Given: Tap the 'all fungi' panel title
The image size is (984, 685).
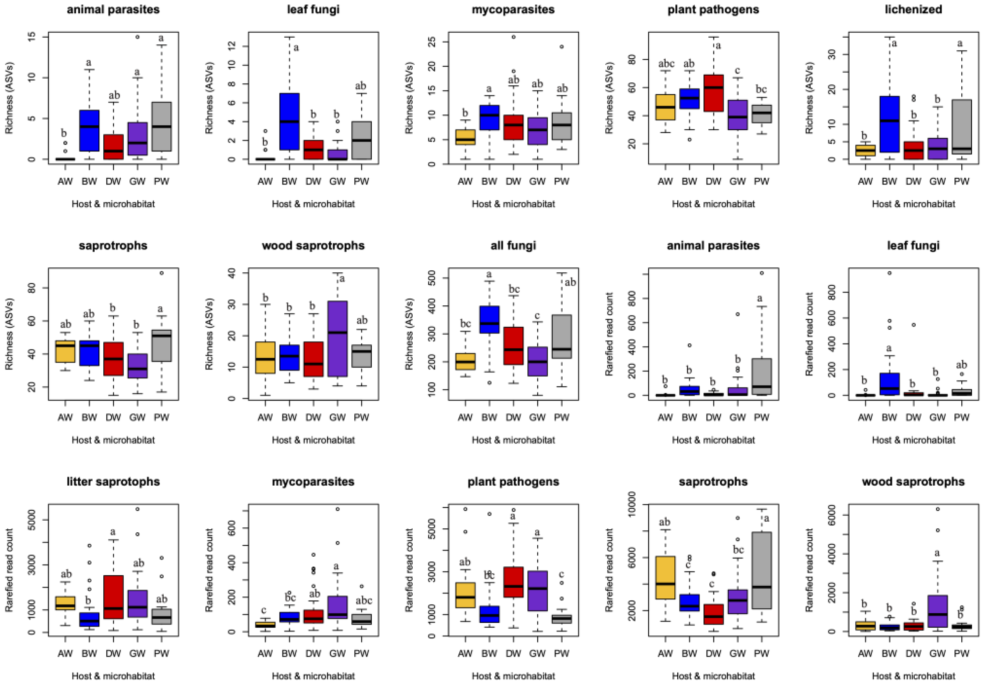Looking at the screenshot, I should click(x=513, y=245).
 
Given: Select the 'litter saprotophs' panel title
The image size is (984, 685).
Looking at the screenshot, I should click(x=113, y=481).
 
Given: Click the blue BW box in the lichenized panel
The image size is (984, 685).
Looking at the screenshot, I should click(x=889, y=124).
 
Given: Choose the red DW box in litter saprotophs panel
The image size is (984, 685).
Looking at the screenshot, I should click(x=113, y=596).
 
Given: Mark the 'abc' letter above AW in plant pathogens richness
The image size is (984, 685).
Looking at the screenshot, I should click(x=665, y=64).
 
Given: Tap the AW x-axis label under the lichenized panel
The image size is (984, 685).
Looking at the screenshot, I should click(x=865, y=182).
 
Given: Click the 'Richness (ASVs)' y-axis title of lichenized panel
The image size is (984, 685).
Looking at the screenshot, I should click(x=809, y=98).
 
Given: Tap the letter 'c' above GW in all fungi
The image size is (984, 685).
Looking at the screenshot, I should click(x=537, y=316).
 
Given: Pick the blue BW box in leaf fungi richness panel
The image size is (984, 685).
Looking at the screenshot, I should click(x=289, y=121).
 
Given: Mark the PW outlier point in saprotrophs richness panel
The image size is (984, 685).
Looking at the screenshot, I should click(x=162, y=273).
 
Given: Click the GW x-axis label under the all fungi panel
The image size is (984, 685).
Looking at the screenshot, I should click(x=537, y=417).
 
